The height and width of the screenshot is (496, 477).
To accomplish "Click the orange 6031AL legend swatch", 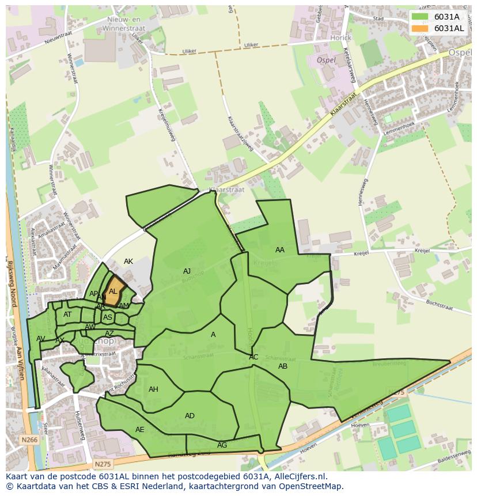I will click(x=421, y=28).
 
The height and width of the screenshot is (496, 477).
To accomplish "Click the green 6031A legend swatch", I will click(x=421, y=17).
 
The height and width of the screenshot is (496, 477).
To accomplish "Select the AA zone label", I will click(x=280, y=250).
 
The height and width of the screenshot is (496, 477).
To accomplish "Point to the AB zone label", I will click(x=283, y=366).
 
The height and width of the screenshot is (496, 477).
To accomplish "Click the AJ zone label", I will click(x=187, y=271).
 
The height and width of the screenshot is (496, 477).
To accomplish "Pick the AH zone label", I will click(x=153, y=389).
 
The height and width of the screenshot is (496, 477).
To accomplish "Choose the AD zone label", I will click(x=190, y=416).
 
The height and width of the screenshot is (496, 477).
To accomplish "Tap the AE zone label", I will click(x=140, y=430).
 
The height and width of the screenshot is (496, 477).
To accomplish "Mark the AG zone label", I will click(x=222, y=445).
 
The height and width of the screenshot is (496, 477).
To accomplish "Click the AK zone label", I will click(x=128, y=262).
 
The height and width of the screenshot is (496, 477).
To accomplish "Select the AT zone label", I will click(x=67, y=315).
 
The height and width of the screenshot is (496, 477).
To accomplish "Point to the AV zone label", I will click(x=40, y=339).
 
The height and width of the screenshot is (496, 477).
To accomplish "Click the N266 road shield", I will click(x=29, y=440).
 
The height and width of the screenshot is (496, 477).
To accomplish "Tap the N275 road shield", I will click(x=103, y=464).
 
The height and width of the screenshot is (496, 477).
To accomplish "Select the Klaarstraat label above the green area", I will click(x=226, y=190).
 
